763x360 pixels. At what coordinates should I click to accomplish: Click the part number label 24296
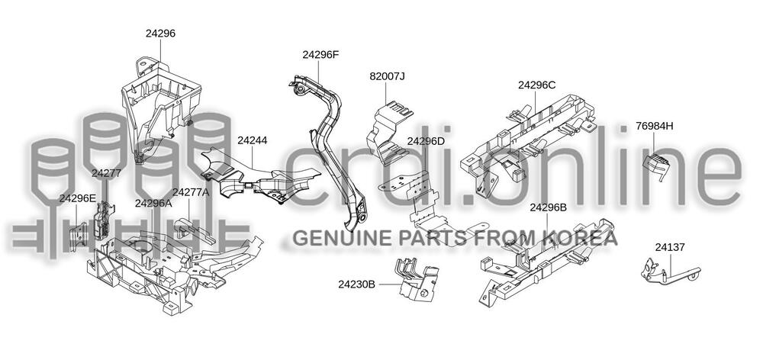click(161, 34)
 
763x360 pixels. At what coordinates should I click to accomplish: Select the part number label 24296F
click(320, 55)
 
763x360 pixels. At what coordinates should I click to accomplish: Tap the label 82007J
click(387, 76)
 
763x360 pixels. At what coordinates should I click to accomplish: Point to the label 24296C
click(536, 85)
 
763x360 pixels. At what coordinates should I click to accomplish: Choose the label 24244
click(252, 140)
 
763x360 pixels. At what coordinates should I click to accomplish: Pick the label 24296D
click(425, 141)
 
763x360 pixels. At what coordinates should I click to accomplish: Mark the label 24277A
click(190, 192)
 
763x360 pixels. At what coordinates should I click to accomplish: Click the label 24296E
click(78, 198)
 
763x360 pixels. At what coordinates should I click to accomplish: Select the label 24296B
click(548, 207)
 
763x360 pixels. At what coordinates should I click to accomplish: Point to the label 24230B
click(357, 284)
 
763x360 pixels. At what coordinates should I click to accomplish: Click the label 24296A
click(153, 203)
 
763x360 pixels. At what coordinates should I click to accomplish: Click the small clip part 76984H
click(654, 167)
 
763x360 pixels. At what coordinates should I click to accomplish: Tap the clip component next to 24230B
click(415, 278)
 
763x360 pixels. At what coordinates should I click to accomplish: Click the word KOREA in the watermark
click(585, 239)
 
